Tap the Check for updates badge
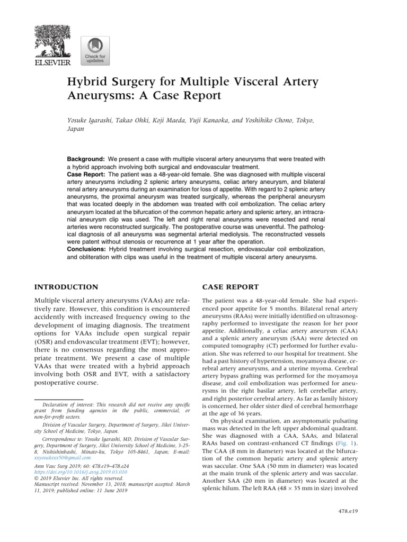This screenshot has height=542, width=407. click(95, 51)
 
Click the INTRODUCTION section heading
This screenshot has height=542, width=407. click(66, 287)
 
